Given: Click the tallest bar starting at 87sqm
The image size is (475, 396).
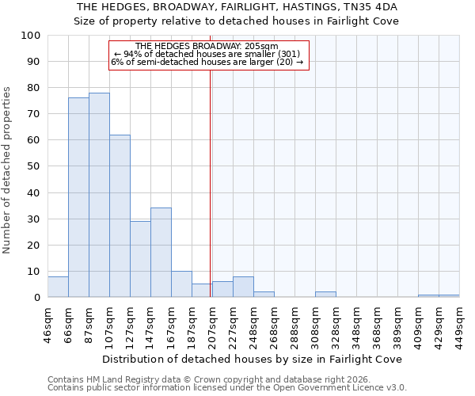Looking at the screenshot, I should (99, 195).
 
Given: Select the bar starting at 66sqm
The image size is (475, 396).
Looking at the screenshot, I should (78, 197).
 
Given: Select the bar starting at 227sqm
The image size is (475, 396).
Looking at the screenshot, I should (243, 287).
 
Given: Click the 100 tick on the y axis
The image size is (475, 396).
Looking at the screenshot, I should (32, 36).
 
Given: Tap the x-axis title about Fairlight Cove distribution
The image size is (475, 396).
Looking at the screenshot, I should (253, 359).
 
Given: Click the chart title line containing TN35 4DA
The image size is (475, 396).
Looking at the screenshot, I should (237, 7).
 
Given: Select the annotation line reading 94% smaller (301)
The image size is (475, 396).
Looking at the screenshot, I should (208, 54).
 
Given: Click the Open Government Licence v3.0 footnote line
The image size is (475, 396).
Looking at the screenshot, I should (227, 388).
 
